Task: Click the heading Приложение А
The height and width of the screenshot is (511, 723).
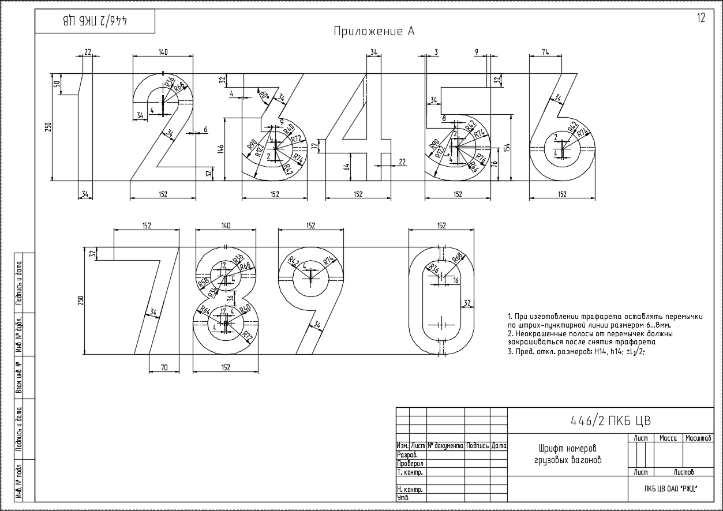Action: coord(374,31)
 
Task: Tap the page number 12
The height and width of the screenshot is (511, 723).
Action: coord(701,18)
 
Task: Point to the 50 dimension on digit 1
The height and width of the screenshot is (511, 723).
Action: coord(57,84)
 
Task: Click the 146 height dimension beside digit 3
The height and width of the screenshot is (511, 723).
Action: coord(220,149)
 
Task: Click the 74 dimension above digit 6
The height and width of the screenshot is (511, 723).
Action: coord(545,52)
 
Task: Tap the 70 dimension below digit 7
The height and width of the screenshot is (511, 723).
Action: coord(163,367)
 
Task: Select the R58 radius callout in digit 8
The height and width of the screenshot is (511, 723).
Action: coord(203,283)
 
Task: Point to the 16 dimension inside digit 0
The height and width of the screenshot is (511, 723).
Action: coord(456,280)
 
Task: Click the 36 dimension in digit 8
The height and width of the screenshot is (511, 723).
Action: coord(230,298)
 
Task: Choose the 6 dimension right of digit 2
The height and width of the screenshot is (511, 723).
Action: coord(205,130)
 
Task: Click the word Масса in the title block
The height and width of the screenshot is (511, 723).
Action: coord(668,438)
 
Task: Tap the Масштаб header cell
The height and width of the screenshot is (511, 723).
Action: coord(698,438)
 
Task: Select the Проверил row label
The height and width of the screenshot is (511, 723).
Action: coord(410,463)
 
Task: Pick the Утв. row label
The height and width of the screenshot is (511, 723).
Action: coord(403,497)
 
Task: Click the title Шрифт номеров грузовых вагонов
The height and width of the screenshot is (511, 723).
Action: coord(567,454)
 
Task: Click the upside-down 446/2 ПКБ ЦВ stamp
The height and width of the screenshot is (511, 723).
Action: coord(95,21)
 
